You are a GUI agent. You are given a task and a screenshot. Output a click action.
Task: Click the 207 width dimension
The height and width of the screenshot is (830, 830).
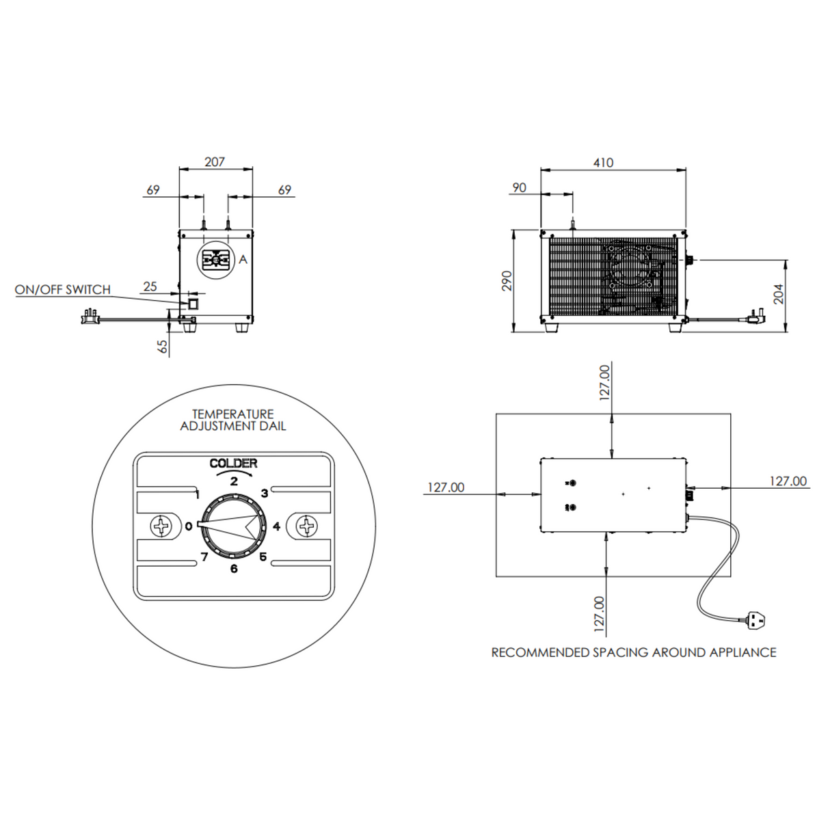pyautogui.click(x=215, y=162)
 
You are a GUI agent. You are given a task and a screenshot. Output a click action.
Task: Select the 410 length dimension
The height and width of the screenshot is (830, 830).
pyautogui.click(x=603, y=163)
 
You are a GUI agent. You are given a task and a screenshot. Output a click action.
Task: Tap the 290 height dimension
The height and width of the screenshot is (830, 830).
pyautogui.click(x=507, y=281)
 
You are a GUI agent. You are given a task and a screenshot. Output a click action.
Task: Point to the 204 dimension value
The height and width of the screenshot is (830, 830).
pyautogui.click(x=779, y=294)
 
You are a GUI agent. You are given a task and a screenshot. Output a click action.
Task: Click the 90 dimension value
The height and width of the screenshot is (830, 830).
pyautogui.click(x=520, y=187)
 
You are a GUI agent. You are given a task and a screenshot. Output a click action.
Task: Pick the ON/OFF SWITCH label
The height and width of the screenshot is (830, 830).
pyautogui.click(x=63, y=290)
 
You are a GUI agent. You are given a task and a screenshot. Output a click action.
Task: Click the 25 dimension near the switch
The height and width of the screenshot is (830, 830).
pyautogui.click(x=150, y=286)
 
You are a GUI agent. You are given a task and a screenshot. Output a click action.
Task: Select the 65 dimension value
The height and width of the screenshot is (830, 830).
pyautogui.click(x=163, y=346)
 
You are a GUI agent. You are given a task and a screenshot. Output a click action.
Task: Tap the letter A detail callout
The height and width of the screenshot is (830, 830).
pyautogui.click(x=243, y=260)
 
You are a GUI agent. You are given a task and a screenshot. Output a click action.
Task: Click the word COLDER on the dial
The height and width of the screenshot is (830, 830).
pyautogui.click(x=234, y=464)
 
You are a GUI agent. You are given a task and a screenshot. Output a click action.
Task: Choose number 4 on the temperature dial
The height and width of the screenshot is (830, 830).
pyautogui.click(x=276, y=526)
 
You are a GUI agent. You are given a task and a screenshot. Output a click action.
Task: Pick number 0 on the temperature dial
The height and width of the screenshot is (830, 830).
pyautogui.click(x=188, y=526)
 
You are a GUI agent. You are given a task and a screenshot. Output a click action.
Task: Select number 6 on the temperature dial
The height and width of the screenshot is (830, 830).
pyautogui.click(x=234, y=568)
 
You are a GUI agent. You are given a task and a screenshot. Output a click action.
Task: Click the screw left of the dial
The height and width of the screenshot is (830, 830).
pyautogui.click(x=162, y=526)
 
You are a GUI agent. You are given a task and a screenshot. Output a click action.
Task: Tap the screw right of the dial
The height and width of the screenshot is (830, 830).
pyautogui.click(x=306, y=526)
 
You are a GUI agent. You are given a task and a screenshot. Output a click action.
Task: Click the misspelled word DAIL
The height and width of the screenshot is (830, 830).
pyautogui.click(x=272, y=426)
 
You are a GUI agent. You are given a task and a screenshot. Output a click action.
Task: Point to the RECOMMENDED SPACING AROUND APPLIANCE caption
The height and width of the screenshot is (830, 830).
pyautogui.click(x=633, y=652)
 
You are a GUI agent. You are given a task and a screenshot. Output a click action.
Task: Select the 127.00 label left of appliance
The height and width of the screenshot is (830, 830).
pyautogui.click(x=446, y=487)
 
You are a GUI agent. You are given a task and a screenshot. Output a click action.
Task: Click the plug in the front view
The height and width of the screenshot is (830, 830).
pyautogui.click(x=88, y=317)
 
